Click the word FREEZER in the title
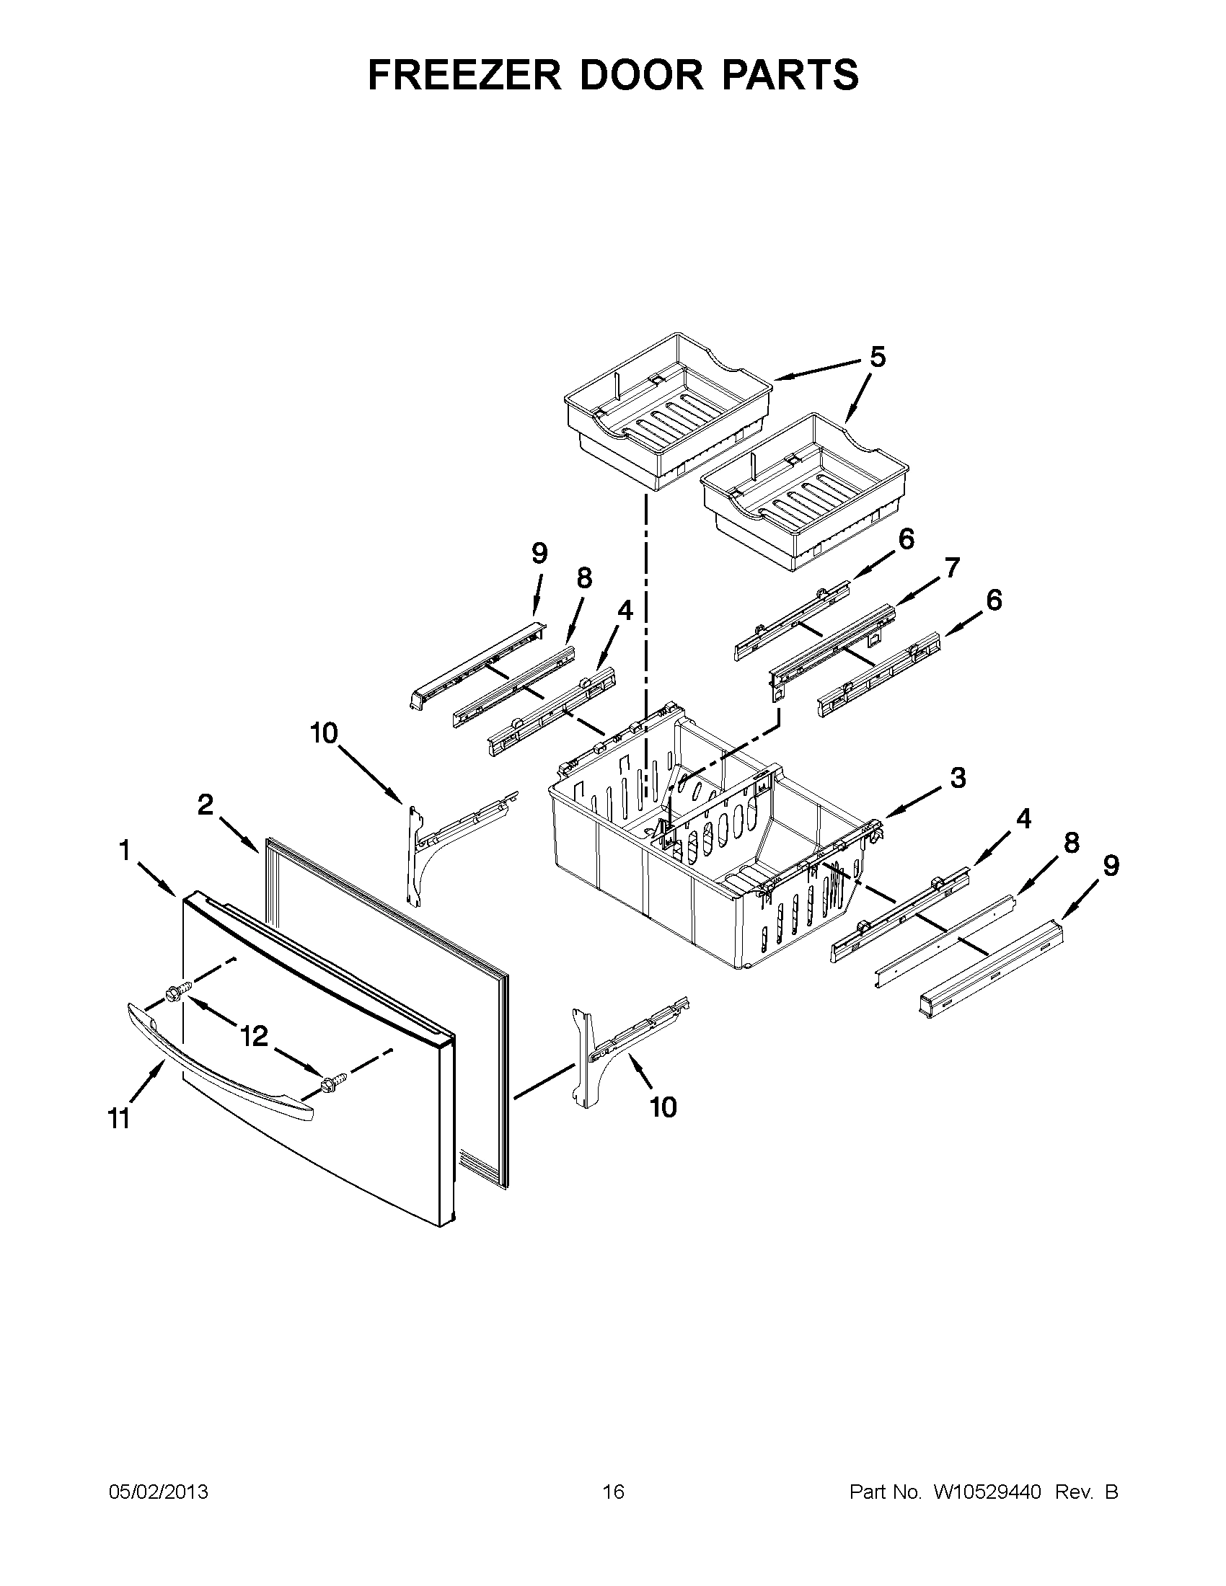[465, 75]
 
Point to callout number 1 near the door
[124, 851]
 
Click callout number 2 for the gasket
[206, 805]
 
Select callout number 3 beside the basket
[958, 778]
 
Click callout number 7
[951, 567]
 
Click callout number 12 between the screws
[254, 1036]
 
